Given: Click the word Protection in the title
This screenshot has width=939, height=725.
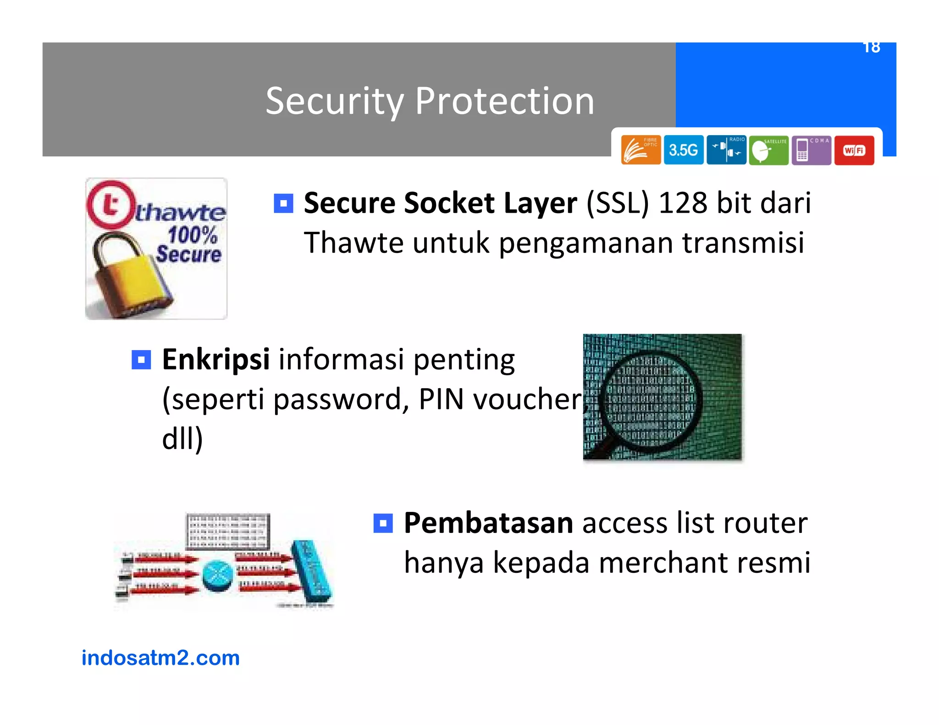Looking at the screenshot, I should click(x=504, y=101).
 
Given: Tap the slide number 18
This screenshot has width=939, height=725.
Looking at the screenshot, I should click(x=871, y=48).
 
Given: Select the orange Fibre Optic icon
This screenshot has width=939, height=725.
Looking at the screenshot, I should click(x=641, y=150).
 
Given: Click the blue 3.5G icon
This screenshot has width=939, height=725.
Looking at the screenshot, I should click(x=683, y=150).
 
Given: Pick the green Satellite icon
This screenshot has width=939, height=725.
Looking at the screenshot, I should click(x=768, y=150).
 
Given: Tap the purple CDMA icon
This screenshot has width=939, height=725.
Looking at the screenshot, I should click(x=811, y=150).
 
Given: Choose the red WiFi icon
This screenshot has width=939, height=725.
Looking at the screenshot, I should click(x=854, y=150).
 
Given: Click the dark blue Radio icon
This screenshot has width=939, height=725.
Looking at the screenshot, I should click(x=726, y=150).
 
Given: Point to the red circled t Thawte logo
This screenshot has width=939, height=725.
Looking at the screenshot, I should click(x=110, y=205).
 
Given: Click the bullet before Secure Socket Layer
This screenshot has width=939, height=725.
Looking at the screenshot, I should click(x=283, y=203).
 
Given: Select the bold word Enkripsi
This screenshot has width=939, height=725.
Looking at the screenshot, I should click(x=215, y=359).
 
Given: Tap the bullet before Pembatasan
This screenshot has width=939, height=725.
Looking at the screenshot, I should click(x=383, y=523).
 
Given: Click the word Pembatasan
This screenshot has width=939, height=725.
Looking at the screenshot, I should click(x=488, y=523).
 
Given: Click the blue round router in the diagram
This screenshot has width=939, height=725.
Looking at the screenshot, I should click(x=218, y=576).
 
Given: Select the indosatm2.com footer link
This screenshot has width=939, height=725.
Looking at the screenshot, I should click(x=160, y=658).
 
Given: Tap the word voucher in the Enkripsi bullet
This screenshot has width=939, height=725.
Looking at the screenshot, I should click(x=527, y=399).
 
